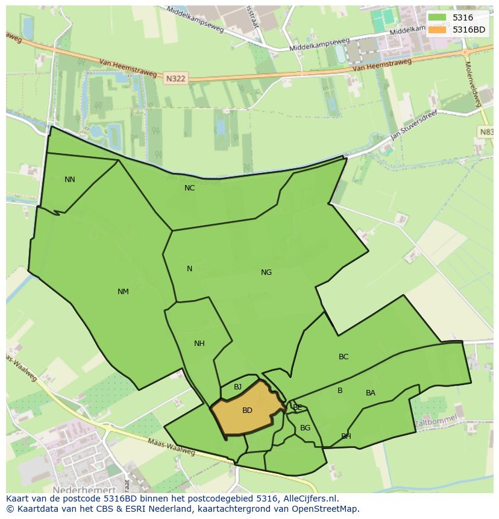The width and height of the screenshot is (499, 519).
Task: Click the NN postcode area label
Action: [70, 180]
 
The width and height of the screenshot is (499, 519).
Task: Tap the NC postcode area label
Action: [190, 188]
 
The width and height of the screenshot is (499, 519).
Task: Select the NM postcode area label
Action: [123, 292]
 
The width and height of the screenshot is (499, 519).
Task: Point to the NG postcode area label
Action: [266, 272]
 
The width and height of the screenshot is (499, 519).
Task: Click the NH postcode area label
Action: [199, 344]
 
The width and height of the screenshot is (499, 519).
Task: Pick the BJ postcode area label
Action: [237, 387]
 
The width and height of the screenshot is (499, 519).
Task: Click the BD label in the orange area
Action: [247, 410]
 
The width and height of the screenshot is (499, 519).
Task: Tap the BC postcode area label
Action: [344, 357]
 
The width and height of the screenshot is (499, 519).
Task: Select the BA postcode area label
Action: [371, 393]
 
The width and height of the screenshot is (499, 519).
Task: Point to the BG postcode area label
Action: [306, 428]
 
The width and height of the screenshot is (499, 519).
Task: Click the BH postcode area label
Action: [346, 436]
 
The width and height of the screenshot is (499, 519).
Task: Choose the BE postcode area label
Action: [297, 407]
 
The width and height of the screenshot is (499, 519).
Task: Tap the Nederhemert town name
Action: [84, 490]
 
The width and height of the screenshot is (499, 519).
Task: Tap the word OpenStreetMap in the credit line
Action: [325, 509]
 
